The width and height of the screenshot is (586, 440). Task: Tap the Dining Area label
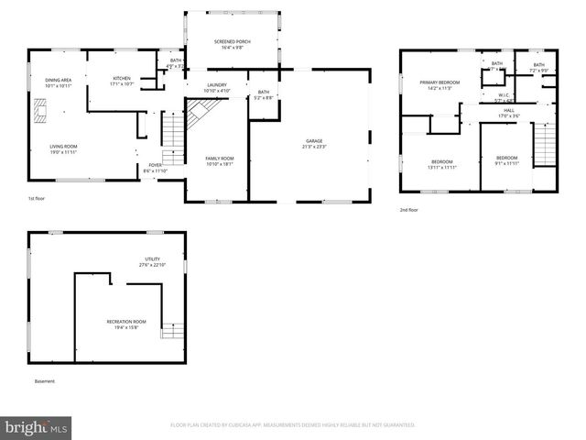pos(59,81)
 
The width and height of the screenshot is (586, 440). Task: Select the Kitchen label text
pos(122,79)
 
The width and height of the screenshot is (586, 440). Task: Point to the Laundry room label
pos(216,85)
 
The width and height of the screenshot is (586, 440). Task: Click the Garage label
pos(314,140)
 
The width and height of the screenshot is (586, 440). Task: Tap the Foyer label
pos(154,165)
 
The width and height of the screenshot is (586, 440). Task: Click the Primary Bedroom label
pos(439,82)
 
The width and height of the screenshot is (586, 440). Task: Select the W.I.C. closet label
pos(504,94)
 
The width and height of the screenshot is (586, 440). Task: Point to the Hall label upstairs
pos(508,111)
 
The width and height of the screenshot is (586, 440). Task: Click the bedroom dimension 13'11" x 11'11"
pos(440,168)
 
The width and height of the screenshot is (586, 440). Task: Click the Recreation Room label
pos(126,322)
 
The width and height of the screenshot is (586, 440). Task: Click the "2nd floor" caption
pos(408,208)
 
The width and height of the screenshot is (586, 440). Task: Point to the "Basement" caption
pos(45,380)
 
